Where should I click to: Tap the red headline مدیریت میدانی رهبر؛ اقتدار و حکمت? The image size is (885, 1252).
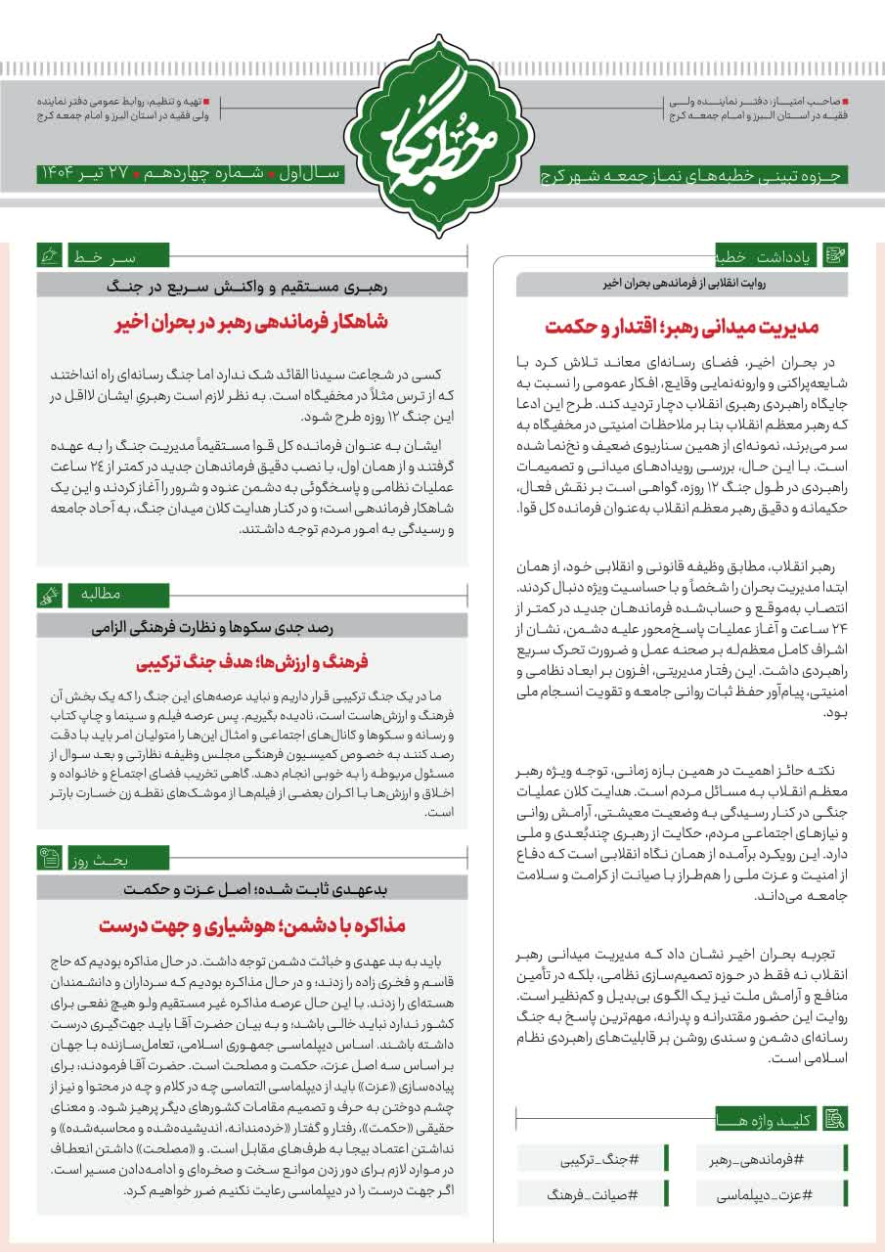[x=682, y=326]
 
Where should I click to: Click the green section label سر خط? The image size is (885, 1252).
[x=101, y=257]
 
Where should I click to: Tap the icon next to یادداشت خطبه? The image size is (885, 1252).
[x=836, y=257]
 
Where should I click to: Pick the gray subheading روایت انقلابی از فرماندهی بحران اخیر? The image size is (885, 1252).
[x=682, y=285]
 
